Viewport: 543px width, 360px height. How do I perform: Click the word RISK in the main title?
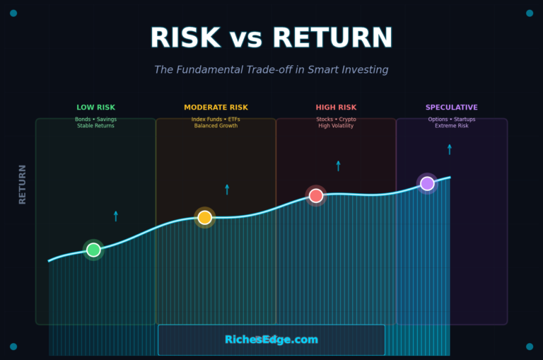(x=185, y=38)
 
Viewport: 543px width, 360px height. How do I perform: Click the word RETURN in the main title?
(x=332, y=38)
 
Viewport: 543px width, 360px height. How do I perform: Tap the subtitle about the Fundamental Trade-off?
(x=271, y=70)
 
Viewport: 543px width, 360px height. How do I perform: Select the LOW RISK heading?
(x=95, y=108)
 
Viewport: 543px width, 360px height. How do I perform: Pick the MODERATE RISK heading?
(x=216, y=108)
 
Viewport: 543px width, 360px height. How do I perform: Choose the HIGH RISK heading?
(x=336, y=108)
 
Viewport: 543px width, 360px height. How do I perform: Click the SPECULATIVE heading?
(x=451, y=108)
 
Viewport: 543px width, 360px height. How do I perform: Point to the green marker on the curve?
(x=93, y=250)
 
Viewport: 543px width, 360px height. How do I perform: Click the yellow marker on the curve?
(x=204, y=217)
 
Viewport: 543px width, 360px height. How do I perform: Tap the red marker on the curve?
(x=316, y=195)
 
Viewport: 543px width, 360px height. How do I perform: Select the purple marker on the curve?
(x=427, y=184)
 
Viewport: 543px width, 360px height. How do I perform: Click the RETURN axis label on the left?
(x=23, y=184)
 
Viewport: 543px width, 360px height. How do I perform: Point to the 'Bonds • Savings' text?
(x=95, y=120)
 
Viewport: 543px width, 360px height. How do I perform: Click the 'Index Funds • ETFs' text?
(x=216, y=120)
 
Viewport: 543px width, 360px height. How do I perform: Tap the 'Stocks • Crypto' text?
(x=336, y=120)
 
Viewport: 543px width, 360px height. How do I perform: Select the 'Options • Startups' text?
(x=451, y=120)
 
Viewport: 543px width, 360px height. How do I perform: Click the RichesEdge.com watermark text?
(x=271, y=340)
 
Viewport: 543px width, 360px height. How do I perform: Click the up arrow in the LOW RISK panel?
(x=116, y=216)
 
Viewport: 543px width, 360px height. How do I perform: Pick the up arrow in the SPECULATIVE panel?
(x=449, y=149)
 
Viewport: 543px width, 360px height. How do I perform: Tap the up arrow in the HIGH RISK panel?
(x=338, y=166)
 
